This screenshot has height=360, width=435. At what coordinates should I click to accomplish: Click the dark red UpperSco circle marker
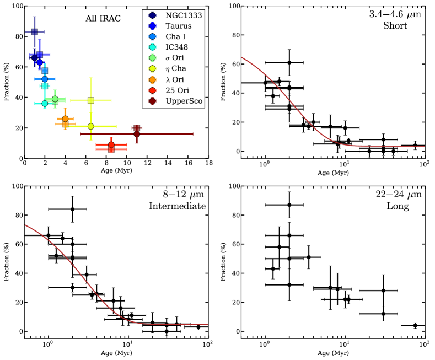pos(137,134)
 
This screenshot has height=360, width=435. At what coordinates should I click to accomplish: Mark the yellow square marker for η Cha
pos(91,100)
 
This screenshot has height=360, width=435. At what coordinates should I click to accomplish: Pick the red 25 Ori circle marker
pos(111,144)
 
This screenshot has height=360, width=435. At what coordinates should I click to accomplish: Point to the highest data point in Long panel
pos(289,205)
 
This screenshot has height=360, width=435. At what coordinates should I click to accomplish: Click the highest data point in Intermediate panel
pos(72,209)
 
